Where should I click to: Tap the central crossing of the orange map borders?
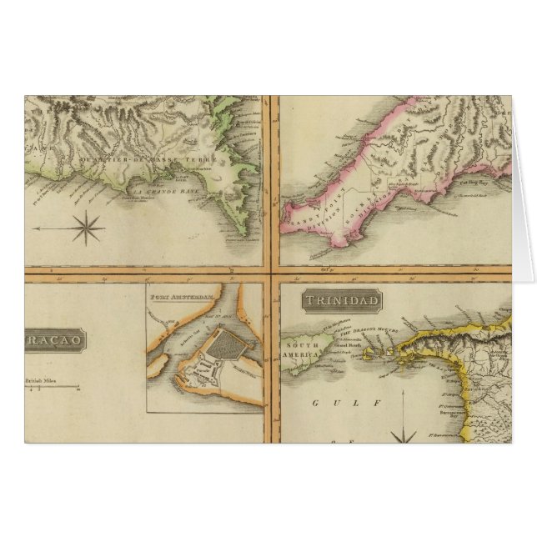click(271, 272)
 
